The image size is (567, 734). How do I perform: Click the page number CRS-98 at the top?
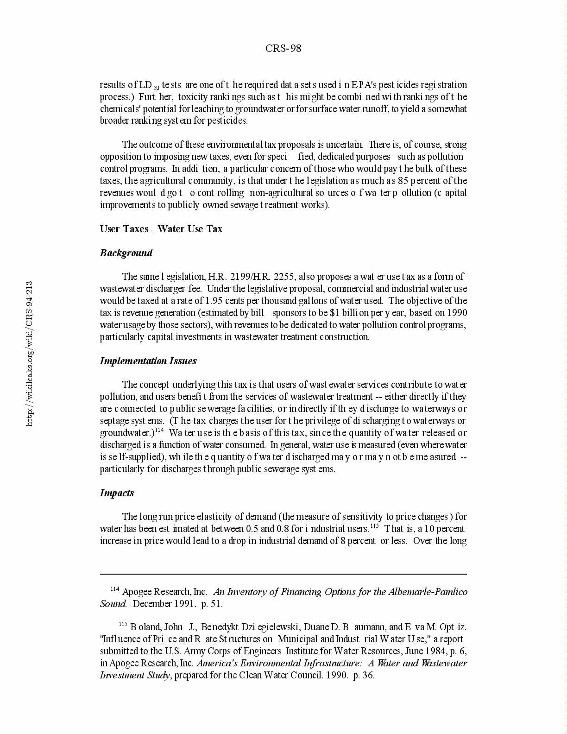pos(283,49)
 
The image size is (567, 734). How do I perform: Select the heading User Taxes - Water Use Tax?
pos(161,229)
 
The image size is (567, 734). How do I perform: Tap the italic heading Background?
pos(126,253)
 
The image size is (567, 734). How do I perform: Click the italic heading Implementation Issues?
pos(148,361)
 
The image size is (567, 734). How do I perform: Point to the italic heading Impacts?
pos(117,493)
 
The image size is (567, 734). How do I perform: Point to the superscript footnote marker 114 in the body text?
pos(159,430)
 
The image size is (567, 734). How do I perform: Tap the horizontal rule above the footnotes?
pos(283,574)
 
